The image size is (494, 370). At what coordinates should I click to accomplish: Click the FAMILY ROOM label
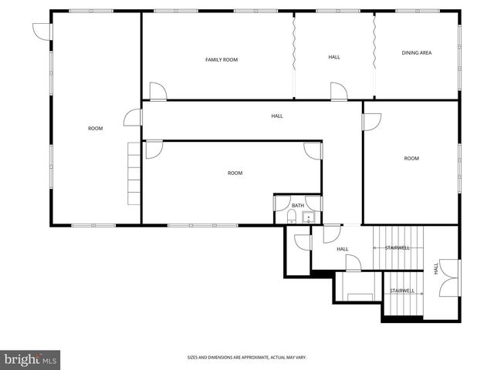[x=221, y=59]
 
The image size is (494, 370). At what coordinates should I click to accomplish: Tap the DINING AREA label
[x=416, y=52]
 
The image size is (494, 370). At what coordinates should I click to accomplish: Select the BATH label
[x=297, y=205]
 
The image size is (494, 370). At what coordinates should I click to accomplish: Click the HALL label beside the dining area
[x=334, y=57]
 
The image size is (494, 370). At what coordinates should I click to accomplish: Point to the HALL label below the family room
[x=276, y=116]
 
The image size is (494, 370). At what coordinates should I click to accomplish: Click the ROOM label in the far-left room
[x=95, y=128]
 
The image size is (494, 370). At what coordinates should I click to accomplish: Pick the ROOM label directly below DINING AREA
[x=411, y=158]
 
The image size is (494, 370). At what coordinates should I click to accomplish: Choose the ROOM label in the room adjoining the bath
[x=235, y=173]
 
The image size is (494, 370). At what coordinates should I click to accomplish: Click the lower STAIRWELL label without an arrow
[x=402, y=291]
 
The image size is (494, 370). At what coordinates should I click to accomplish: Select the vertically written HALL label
[x=435, y=268]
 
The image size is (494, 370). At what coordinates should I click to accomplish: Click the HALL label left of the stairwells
[x=342, y=249]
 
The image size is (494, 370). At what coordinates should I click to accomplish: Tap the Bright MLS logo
[x=31, y=359]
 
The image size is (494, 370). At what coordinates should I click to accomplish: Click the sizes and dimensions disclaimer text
[x=247, y=357]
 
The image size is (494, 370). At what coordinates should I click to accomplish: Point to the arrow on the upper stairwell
[x=379, y=248]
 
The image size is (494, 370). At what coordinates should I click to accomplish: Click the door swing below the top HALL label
[x=338, y=91]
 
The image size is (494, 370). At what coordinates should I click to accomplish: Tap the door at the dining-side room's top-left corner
[x=372, y=120]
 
